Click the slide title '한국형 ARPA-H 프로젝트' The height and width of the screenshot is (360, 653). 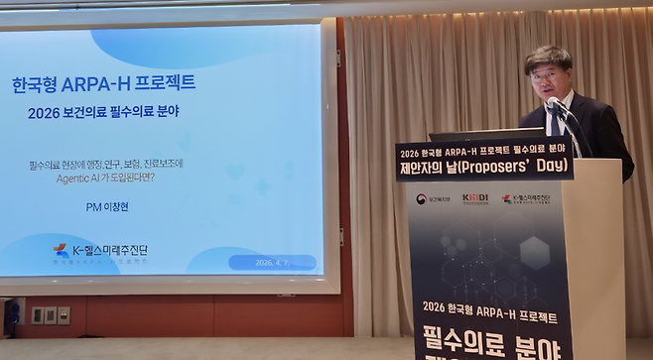click(103, 83)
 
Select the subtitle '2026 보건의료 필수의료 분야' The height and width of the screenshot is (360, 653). click(103, 112)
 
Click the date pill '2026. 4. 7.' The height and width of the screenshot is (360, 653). click(272, 263)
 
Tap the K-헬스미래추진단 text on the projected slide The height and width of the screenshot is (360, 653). click(113, 250)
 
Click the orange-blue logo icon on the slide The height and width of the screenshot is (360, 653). click(62, 251)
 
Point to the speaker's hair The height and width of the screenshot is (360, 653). click(548, 56)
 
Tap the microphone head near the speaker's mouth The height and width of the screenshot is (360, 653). click(554, 102)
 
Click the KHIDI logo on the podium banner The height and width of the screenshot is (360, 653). click(475, 197)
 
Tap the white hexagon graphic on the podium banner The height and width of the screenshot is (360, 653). click(534, 252)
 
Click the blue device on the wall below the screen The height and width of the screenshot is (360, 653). click(13, 313)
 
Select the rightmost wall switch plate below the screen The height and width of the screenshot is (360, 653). click(64, 315)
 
